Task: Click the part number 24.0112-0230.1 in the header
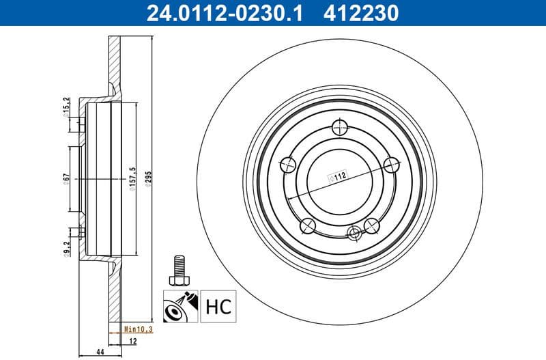tap(222, 12)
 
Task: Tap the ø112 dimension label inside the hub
tap(338, 175)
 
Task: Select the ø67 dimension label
tap(66, 179)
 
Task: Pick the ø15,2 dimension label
tap(66, 109)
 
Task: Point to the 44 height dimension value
tap(101, 352)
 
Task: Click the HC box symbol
tap(218, 305)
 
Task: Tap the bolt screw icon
tap(179, 270)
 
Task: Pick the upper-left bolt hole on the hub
tap(289, 164)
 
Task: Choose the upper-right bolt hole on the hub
tap(391, 164)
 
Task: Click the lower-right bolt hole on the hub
tap(372, 224)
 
